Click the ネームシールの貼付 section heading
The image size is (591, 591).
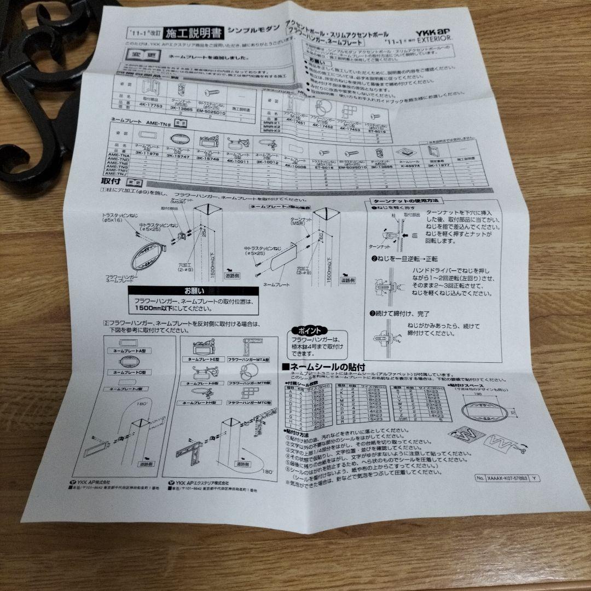[323, 367]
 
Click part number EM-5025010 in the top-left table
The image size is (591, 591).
[211, 112]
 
